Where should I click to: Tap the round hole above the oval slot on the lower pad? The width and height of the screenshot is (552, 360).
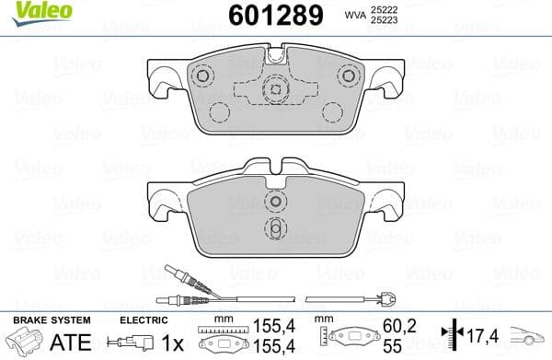pos(274,203)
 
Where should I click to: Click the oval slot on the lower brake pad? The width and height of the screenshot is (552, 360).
pos(274,228)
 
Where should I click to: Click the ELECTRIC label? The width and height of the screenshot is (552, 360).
pos(143,320)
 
